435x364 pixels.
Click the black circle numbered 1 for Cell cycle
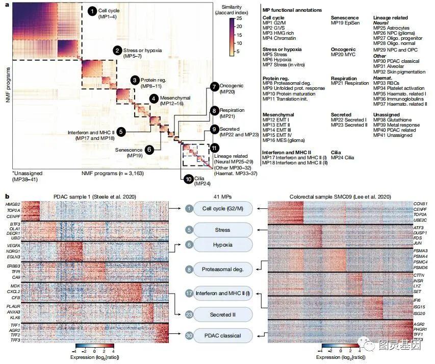click(x=92, y=10)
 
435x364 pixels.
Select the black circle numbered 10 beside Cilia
click(x=188, y=179)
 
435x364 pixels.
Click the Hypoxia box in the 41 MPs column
click(x=222, y=245)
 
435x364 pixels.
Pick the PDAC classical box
click(x=222, y=335)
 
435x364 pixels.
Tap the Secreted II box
click(x=222, y=315)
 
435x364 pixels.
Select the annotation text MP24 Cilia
click(x=345, y=158)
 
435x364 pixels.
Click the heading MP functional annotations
click(x=292, y=10)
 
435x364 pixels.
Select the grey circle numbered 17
click(x=189, y=293)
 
